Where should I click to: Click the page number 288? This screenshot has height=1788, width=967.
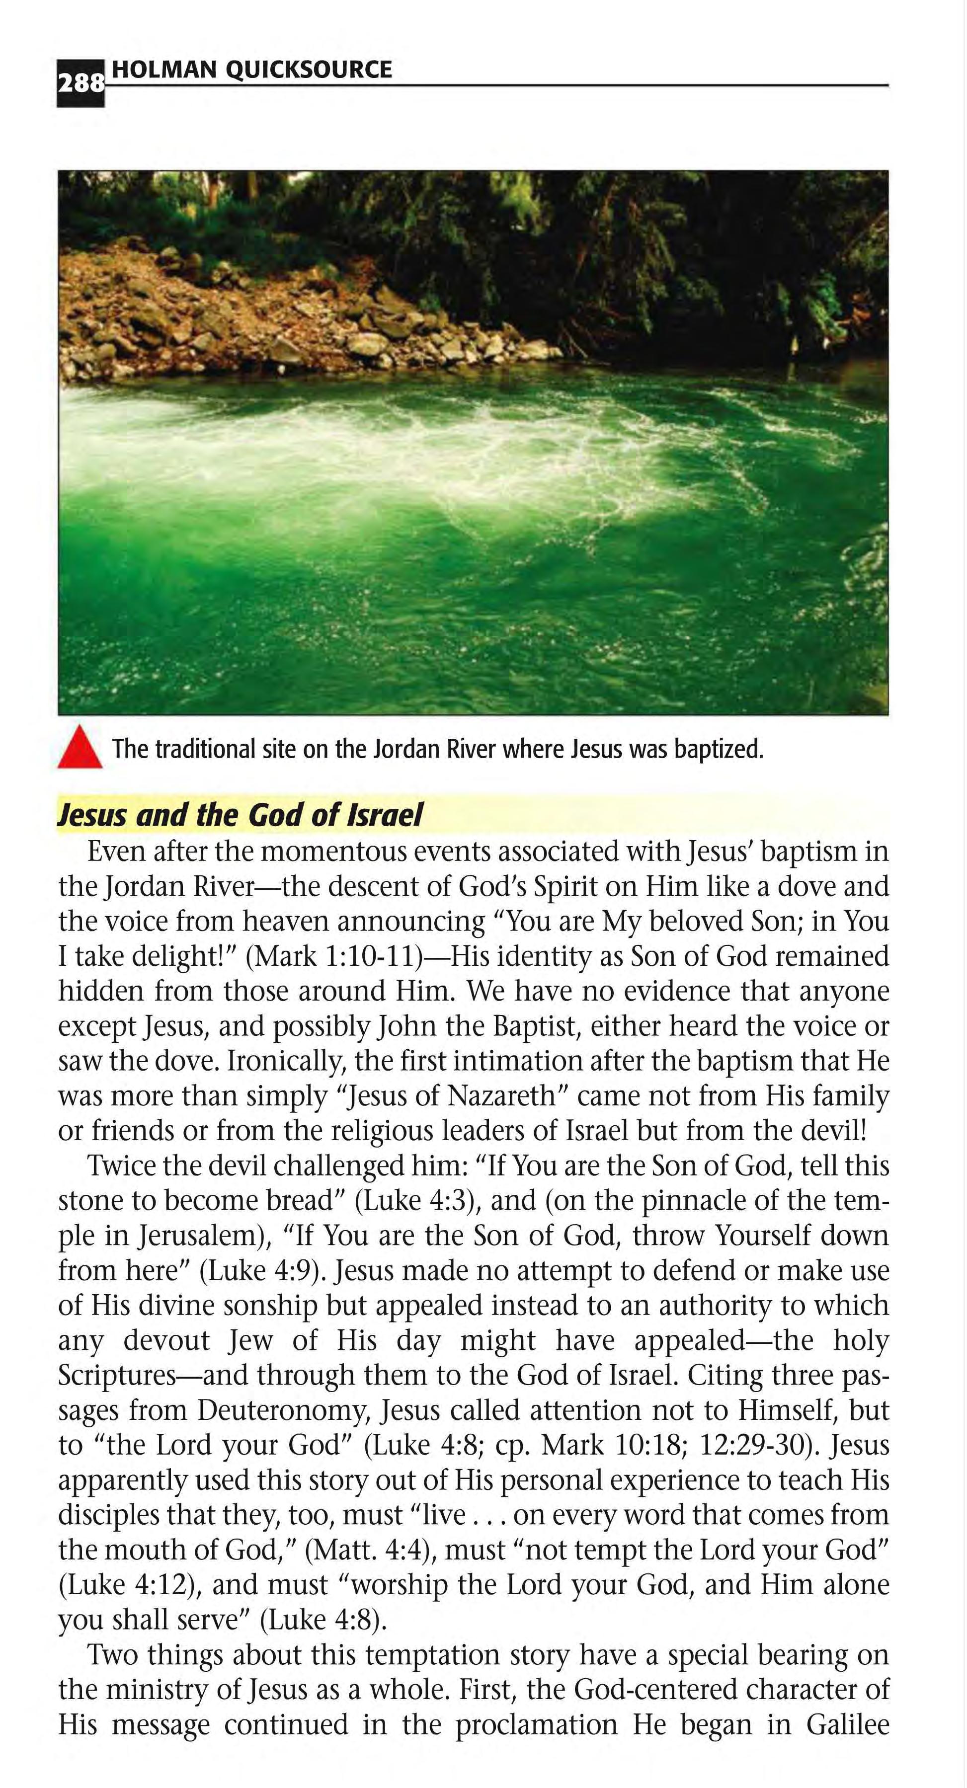pyautogui.click(x=80, y=83)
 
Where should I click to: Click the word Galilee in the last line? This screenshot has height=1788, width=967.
pyautogui.click(x=848, y=1724)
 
